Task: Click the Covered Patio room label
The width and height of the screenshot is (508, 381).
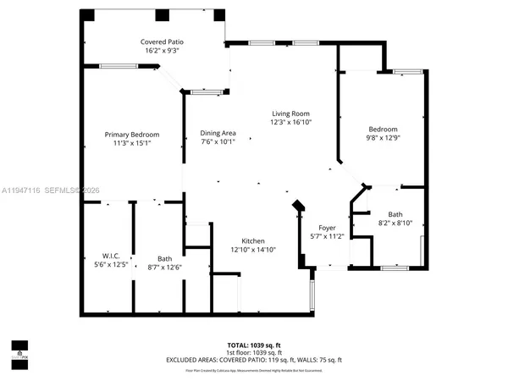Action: coord(162,41)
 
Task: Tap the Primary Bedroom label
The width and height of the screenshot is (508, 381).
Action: coord(132,135)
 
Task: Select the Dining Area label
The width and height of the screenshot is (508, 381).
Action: coord(218,133)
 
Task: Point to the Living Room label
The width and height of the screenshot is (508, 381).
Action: coord(290,113)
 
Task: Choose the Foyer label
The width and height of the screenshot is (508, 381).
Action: coord(327,228)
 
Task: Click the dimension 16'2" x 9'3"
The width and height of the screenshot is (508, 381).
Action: coord(162,51)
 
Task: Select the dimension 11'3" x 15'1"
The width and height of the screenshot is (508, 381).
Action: coord(132,143)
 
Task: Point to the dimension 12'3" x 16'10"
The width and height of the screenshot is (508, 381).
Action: coord(290,122)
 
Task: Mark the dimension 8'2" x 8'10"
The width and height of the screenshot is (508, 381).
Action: coord(395,223)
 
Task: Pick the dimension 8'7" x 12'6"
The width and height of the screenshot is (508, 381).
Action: coord(164,268)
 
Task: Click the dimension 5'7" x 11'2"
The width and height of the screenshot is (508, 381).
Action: coord(327,236)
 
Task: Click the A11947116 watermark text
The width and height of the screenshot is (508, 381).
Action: coord(24,190)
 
